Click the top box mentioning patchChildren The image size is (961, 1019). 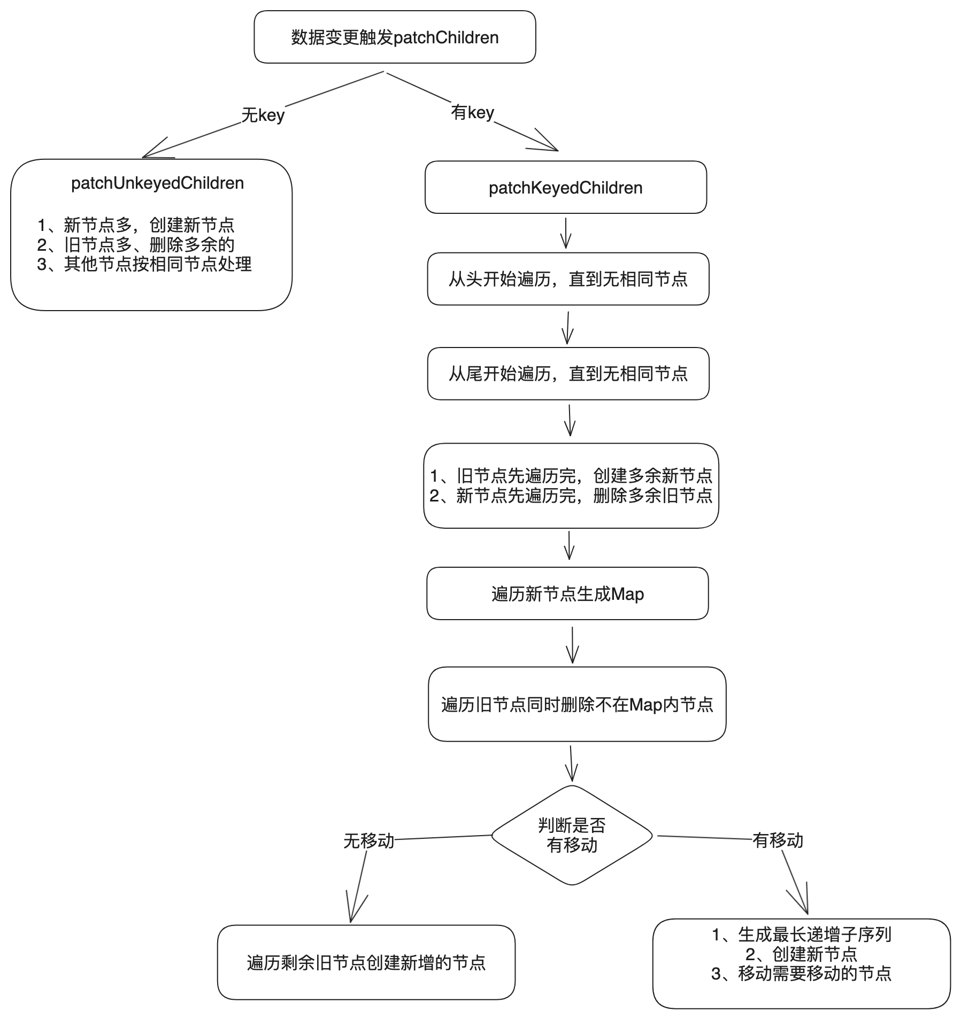(x=395, y=37)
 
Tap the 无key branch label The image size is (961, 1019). (x=263, y=115)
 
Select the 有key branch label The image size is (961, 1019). (x=472, y=113)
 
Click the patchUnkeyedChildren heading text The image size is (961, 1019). (x=157, y=183)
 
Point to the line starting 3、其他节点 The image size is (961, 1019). (x=144, y=264)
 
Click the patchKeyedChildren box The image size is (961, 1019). (x=565, y=188)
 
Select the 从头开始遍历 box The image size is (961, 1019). (x=568, y=279)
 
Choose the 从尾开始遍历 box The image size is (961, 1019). (x=568, y=374)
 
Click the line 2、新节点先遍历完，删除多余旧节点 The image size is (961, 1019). (x=571, y=496)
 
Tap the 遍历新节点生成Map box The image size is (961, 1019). (x=567, y=594)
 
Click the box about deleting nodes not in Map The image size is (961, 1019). (x=577, y=704)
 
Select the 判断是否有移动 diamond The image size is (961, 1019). (x=572, y=835)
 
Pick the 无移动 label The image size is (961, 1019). (x=368, y=841)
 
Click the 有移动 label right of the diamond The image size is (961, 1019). (x=778, y=840)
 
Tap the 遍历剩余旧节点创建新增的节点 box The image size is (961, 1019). (x=366, y=962)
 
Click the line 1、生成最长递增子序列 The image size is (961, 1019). (x=801, y=935)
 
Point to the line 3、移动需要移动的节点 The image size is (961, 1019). (x=801, y=974)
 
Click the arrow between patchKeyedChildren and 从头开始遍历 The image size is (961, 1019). (x=566, y=233)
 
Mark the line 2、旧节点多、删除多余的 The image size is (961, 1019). (x=136, y=245)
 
